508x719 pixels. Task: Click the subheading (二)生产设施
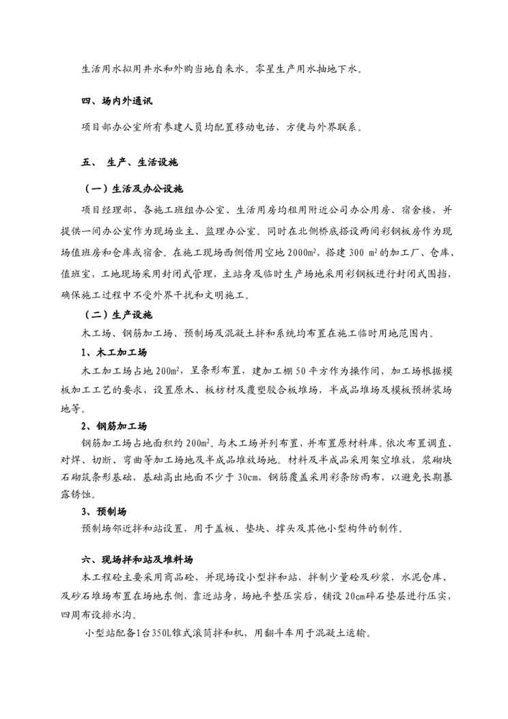pos(118,316)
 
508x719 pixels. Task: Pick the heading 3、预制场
pos(104,511)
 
